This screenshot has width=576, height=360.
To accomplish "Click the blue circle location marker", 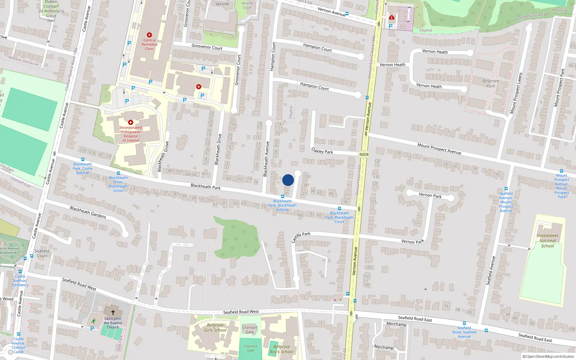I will coord(288,180).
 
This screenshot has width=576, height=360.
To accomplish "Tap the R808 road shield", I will coord(364,154).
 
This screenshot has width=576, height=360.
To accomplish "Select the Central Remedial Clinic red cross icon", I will coord(149,35).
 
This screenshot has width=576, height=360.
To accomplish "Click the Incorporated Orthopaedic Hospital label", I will coord(131,134).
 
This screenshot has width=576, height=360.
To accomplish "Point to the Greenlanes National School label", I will coord(548,241).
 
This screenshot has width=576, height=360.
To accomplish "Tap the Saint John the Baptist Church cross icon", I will coord(113,312).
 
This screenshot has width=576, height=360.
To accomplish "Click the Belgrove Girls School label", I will coord(215,328).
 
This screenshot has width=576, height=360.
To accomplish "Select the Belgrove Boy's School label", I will coord(282,349).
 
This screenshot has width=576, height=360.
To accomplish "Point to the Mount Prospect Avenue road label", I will coord(439,148).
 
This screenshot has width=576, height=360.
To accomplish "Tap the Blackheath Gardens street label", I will coord(88,212).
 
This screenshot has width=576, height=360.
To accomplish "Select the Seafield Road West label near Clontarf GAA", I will coord(241,312).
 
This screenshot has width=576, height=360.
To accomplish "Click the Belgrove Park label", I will coord(491,84).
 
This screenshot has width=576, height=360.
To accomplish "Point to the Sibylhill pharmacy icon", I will coord(392,17).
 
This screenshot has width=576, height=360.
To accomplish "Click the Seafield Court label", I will coord(42,253).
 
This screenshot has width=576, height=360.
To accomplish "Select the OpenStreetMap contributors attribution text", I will coord(548,356).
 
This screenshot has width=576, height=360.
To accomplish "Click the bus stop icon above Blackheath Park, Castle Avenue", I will coord(82,159).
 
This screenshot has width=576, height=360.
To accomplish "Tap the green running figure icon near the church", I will coord(94,321).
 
